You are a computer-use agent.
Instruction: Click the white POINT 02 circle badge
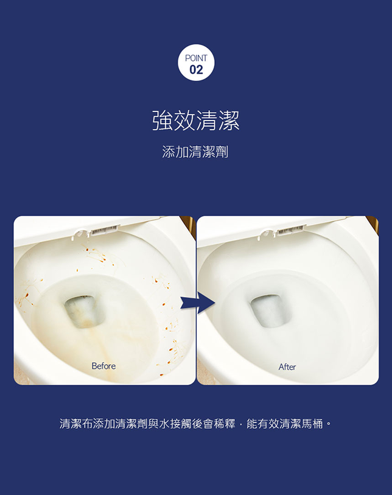coord(196,63)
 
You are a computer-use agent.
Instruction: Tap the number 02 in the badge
coord(196,70)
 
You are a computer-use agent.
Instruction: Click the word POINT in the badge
coord(196,58)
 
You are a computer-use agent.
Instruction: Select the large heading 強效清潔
coord(196,121)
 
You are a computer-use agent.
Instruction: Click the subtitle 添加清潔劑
coord(195,152)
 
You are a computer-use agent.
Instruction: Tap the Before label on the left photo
coord(103,366)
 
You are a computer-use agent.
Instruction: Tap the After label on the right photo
coord(287,367)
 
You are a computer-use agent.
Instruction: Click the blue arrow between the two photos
coord(198,303)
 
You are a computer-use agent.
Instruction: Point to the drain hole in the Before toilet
coord(85,311)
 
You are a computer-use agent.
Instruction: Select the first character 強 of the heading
coord(163,121)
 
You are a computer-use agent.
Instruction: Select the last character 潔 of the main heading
coord(229,121)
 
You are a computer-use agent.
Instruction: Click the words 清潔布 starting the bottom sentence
coord(75,424)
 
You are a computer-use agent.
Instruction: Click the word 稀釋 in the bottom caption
coord(225,424)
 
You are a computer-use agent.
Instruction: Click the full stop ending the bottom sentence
coord(329,423)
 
